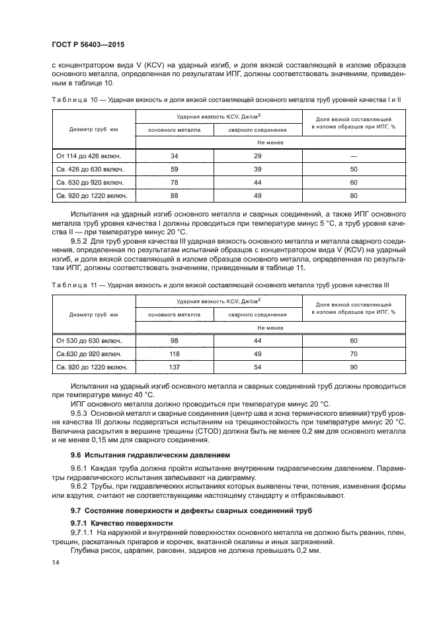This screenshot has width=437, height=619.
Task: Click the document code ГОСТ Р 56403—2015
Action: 87,45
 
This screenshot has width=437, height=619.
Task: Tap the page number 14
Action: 55,562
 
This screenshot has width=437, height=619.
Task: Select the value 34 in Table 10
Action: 175,156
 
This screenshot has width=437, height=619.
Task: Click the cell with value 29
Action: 257,156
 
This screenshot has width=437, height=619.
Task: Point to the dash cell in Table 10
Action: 353,156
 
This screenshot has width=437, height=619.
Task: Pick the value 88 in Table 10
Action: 175,195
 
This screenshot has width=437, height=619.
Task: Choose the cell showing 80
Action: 353,195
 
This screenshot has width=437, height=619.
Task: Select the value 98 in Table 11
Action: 175,341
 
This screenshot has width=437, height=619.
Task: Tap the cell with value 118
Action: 175,354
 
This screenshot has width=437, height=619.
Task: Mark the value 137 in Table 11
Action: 175,367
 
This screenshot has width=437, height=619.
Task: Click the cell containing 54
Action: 257,367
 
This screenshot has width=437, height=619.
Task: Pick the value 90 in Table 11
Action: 353,367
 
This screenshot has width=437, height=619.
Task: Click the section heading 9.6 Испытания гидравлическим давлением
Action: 151,455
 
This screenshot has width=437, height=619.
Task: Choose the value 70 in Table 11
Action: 353,354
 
